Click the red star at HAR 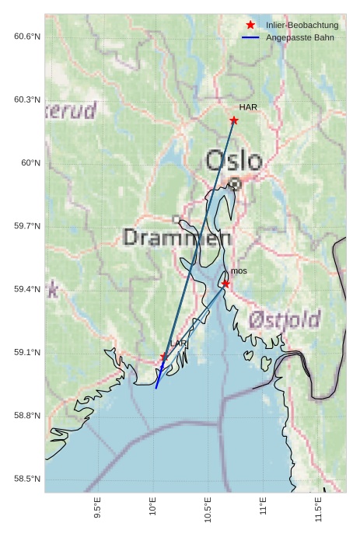[234, 120]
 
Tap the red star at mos [225, 284]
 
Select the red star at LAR [163, 357]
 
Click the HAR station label [248, 107]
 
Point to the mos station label [239, 271]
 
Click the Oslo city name [234, 162]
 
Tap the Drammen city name [177, 238]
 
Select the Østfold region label [285, 319]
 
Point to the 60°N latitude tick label [30, 163]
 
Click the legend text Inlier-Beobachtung [302, 26]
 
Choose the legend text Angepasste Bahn [299, 37]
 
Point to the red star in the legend [250, 26]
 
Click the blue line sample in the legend [250, 37]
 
